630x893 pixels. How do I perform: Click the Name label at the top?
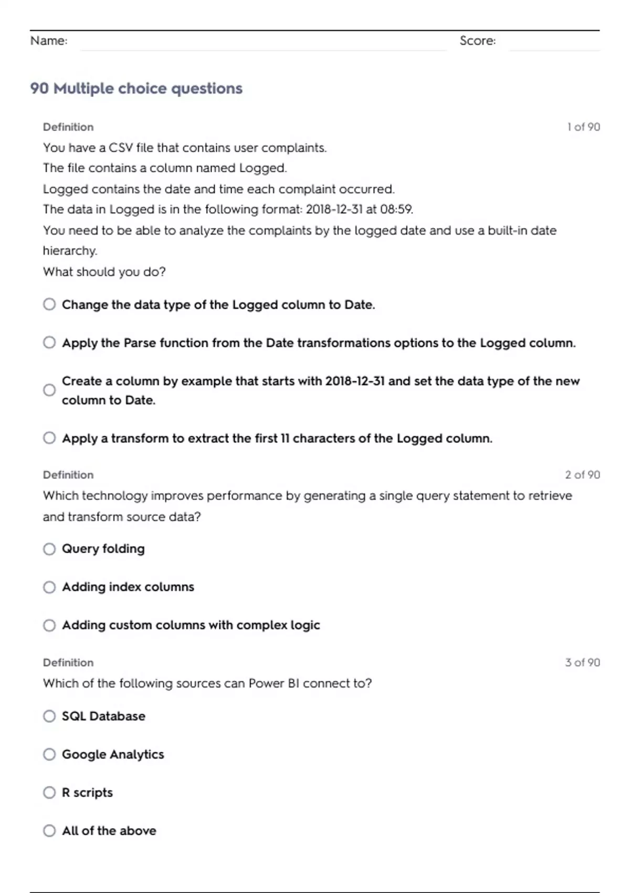[49, 40]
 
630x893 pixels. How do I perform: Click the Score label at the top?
[477, 40]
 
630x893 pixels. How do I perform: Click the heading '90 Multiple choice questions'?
[136, 88]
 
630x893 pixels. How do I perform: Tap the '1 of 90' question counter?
[583, 127]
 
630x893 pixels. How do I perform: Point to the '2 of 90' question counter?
[582, 475]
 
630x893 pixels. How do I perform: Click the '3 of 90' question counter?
[582, 662]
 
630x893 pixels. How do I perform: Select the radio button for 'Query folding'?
[49, 549]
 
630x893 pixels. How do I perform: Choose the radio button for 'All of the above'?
[49, 830]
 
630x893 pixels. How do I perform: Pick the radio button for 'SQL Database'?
[49, 716]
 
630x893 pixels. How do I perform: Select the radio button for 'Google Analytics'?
[49, 754]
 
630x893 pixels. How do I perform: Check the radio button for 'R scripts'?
[49, 792]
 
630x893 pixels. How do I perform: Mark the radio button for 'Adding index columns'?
[49, 587]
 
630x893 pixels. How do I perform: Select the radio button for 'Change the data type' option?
[49, 305]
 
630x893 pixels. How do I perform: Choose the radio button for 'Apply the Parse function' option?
[49, 342]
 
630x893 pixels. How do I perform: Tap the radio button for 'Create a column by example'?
[49, 390]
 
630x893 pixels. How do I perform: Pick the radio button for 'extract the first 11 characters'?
[49, 438]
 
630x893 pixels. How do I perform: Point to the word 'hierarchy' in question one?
[69, 251]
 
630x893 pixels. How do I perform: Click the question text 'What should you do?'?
[104, 272]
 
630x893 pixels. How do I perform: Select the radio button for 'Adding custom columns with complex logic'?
[49, 625]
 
